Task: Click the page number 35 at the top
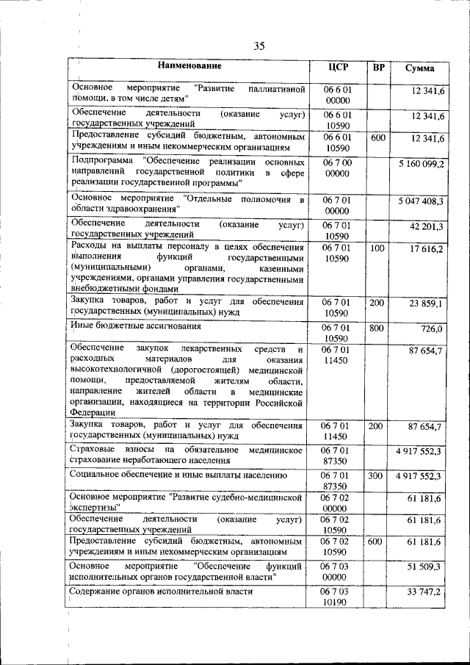point(259,46)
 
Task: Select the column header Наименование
point(189,67)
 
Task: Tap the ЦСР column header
point(338,68)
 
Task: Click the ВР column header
point(379,68)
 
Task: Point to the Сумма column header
point(420,68)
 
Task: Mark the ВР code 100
point(377,248)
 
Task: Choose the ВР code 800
point(377,328)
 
